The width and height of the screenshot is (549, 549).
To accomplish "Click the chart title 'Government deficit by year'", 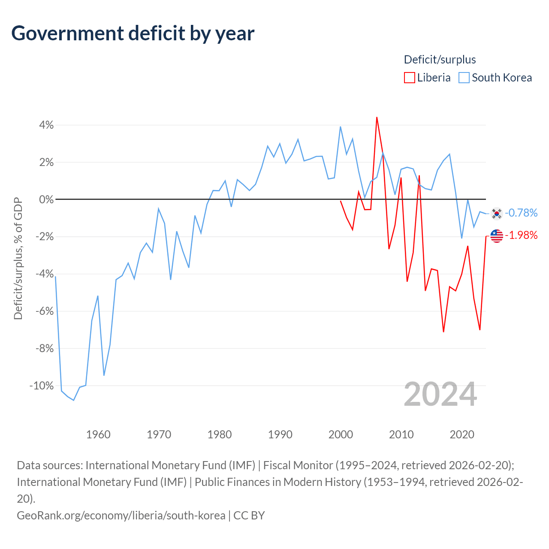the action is tap(133, 34).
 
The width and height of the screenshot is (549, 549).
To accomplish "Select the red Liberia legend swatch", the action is tap(409, 78).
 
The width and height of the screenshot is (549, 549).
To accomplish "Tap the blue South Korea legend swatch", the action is tap(464, 78).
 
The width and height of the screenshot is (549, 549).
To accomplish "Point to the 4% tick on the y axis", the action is tap(46, 125).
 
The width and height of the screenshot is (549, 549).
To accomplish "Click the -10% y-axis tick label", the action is tap(42, 386).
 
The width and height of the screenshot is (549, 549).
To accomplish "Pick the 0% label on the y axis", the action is tap(46, 199).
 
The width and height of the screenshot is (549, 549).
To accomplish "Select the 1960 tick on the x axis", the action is tap(98, 434).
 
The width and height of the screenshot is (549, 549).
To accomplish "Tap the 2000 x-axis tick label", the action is tap(341, 434).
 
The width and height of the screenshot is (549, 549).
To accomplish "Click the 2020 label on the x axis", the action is tap(462, 434).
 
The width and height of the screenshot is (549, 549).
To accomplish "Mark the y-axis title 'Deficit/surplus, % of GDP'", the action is tap(18, 258).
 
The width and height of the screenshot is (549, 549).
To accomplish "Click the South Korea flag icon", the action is tap(497, 214).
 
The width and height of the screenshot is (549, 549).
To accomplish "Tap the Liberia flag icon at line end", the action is tap(497, 236).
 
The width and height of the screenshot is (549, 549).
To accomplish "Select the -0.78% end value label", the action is tap(521, 213).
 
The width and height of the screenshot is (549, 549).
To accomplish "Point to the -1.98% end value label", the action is tap(521, 235).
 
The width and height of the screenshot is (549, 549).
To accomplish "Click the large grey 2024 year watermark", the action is tap(440, 394).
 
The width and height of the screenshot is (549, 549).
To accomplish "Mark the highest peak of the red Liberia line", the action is tap(377, 118).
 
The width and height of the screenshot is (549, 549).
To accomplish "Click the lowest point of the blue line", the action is tap(73, 400).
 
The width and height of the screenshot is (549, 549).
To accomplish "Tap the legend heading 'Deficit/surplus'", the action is tap(440, 60).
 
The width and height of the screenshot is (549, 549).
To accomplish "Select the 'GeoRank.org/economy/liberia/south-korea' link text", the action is tap(121, 516).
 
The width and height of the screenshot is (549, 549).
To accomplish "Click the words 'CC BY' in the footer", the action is tap(249, 516).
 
